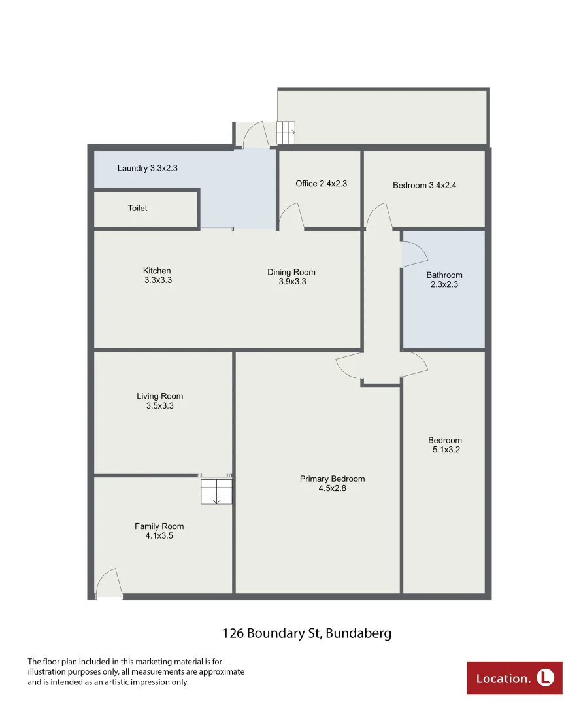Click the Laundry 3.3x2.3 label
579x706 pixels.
click(x=147, y=168)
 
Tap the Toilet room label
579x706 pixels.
click(x=137, y=208)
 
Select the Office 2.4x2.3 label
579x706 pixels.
click(x=321, y=184)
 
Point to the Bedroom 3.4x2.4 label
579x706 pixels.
click(x=424, y=185)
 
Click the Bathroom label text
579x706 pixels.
click(x=444, y=280)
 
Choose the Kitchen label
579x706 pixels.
click(x=157, y=275)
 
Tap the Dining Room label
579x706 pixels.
click(x=291, y=277)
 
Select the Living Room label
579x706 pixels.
click(x=159, y=401)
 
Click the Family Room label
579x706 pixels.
click(x=159, y=531)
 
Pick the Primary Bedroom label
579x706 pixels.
click(x=332, y=483)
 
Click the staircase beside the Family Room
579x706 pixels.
click(x=216, y=492)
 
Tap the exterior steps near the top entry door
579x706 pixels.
click(x=286, y=133)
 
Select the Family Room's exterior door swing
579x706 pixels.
click(x=108, y=584)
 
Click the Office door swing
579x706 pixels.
click(x=291, y=216)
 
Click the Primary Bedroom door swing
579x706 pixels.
click(x=350, y=367)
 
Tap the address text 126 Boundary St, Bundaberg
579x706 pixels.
click(x=306, y=633)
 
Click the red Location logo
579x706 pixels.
click(x=514, y=678)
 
